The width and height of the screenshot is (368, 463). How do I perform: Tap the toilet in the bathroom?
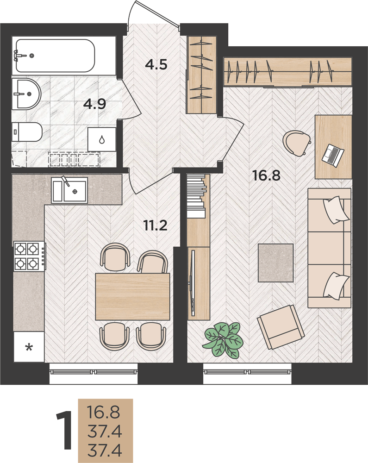(x=27, y=132)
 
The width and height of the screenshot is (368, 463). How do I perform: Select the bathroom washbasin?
(x=26, y=94)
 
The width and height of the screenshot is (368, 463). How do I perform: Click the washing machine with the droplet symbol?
(x=102, y=139)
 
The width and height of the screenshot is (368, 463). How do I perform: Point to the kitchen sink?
(x=69, y=190)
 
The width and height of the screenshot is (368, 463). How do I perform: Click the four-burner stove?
(x=30, y=257)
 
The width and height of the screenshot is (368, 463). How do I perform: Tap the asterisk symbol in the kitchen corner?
(x=29, y=347)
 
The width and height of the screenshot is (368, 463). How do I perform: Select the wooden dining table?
(x=133, y=296)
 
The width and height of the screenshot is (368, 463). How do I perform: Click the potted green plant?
(x=224, y=339)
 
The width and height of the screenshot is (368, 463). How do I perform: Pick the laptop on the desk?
(x=333, y=156)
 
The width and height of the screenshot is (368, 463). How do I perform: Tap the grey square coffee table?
(x=275, y=263)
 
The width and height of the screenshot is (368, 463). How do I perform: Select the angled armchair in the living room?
(x=281, y=327)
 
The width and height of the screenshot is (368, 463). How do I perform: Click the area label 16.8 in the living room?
(x=266, y=175)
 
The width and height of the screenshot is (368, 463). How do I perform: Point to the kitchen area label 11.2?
(x=155, y=225)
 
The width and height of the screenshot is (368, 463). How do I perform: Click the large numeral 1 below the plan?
(x=64, y=431)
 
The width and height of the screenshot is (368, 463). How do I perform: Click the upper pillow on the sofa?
(x=337, y=210)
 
